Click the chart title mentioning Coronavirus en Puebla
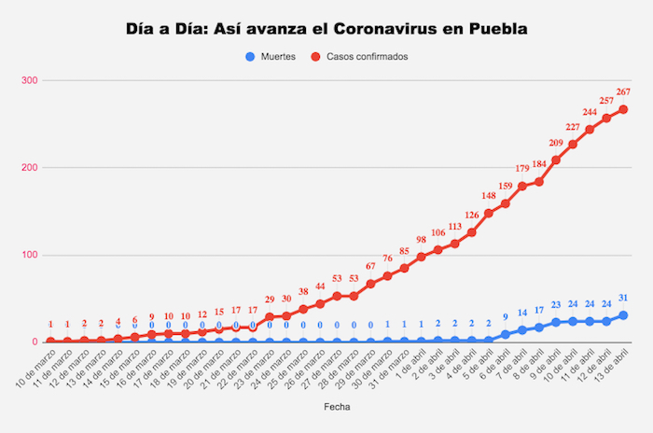click(326, 29)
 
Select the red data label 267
click(623, 91)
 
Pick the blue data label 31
click(623, 298)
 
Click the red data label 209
click(556, 143)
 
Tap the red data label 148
click(488, 196)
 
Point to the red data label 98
click(421, 240)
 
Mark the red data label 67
click(370, 267)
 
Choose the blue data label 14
click(522, 313)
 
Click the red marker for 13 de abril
click(623, 109)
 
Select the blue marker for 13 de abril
click(623, 315)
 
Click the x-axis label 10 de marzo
click(35, 366)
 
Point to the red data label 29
click(270, 300)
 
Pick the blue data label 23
click(556, 305)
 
